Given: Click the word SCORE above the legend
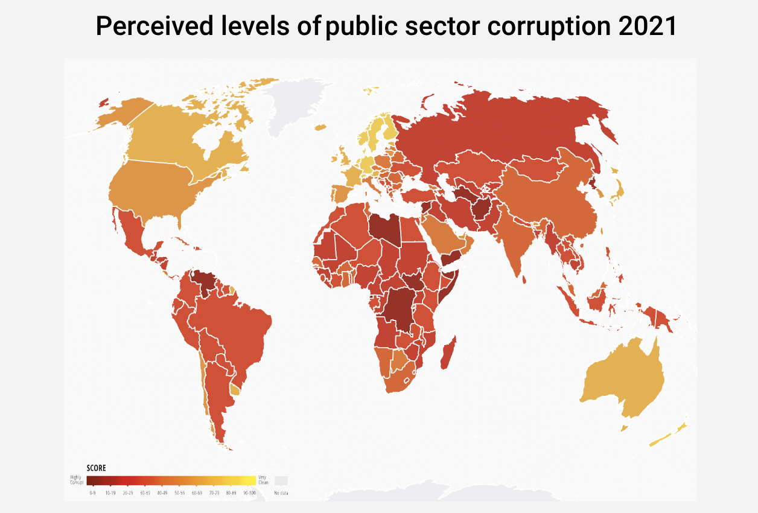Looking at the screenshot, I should tap(96, 468).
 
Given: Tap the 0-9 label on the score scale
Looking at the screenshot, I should tap(92, 493).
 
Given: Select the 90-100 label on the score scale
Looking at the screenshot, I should tap(249, 493).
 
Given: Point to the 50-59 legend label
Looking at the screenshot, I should tap(179, 493).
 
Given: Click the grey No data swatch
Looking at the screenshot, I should tap(281, 480).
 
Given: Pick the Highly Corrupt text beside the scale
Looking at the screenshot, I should tap(76, 480).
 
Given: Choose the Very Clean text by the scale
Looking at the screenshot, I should tap(263, 480).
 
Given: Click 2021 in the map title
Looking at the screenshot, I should tap(647, 27).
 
